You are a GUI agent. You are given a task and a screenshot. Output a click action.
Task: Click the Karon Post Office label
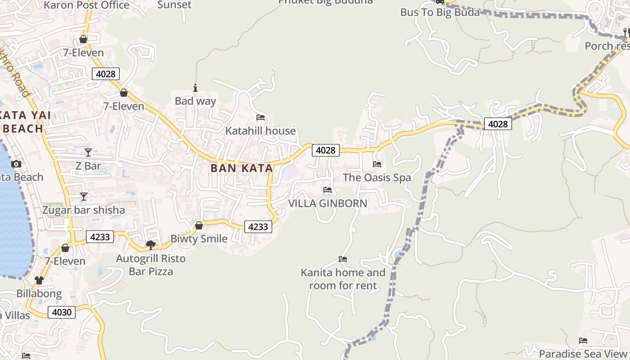(87, 5)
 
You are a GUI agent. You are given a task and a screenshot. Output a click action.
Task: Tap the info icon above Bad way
(195, 88)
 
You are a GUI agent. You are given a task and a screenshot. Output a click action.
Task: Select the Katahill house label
(261, 131)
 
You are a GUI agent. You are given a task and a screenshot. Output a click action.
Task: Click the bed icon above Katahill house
(261, 117)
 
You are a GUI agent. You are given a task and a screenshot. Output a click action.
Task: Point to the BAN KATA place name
(242, 168)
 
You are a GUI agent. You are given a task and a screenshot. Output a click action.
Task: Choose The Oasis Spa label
(377, 177)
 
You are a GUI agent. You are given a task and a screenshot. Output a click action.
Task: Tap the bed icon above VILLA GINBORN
(328, 190)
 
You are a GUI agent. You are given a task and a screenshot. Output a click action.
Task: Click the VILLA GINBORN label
(328, 203)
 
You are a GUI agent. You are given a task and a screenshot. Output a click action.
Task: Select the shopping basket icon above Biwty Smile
(198, 225)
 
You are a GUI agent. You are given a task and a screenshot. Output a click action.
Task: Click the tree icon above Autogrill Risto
(151, 245)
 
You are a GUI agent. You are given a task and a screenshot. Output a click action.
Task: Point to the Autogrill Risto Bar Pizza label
(151, 265)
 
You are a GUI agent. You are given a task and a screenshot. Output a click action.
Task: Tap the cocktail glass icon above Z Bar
(88, 153)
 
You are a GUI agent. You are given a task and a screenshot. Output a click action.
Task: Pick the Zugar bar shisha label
(84, 210)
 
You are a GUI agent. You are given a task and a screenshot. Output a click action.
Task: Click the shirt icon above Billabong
(39, 280)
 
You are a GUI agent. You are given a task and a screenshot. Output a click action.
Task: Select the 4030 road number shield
(62, 312)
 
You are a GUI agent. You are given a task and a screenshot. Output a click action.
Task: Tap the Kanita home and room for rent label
(343, 279)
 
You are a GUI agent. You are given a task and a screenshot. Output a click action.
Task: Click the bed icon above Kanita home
(343, 259)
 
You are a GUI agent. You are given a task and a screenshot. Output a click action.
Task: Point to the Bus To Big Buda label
(440, 13)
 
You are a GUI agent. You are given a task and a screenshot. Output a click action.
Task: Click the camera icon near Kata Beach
(16, 164)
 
